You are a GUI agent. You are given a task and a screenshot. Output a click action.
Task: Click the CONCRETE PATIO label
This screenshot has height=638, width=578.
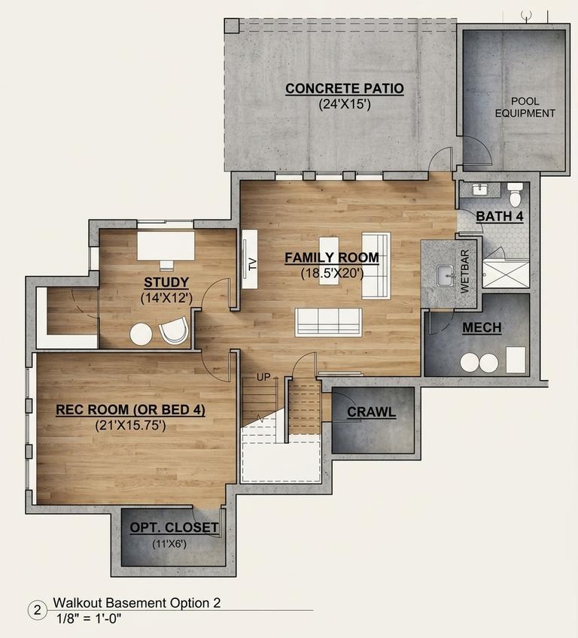345,88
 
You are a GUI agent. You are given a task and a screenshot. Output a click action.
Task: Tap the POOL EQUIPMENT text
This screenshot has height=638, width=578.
525,107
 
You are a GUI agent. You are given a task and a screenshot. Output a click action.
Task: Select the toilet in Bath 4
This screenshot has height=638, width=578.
516,194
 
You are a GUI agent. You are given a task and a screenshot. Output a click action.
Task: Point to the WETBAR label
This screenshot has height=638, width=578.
465,272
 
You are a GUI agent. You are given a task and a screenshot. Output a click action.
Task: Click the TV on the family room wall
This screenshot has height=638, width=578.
250,259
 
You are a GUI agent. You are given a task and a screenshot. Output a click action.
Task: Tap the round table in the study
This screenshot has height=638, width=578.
141,334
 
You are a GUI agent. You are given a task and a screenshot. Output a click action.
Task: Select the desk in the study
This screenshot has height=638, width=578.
166,245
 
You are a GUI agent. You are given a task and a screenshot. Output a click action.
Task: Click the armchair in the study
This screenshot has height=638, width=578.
174,330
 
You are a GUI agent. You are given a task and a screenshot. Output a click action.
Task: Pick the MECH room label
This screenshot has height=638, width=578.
482,327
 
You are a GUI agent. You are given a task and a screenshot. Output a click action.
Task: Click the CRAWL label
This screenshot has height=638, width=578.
371,412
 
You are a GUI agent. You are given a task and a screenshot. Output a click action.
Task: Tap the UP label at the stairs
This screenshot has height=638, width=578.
263,377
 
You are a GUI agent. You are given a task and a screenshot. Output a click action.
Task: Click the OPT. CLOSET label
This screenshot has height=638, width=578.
174,527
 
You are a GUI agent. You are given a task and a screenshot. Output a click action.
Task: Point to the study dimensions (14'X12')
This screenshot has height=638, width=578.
166,298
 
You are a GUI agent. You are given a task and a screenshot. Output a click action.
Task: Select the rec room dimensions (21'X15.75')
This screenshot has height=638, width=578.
131,426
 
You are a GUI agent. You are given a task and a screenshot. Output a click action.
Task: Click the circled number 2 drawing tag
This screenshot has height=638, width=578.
38,610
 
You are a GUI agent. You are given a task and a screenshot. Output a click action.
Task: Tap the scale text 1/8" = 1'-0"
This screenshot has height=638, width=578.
89,619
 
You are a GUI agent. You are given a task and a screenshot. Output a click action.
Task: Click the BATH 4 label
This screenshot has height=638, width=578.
500,217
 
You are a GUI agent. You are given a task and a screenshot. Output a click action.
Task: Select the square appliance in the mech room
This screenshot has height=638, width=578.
516,360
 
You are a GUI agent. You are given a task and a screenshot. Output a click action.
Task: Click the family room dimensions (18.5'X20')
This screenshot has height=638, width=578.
332,273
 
